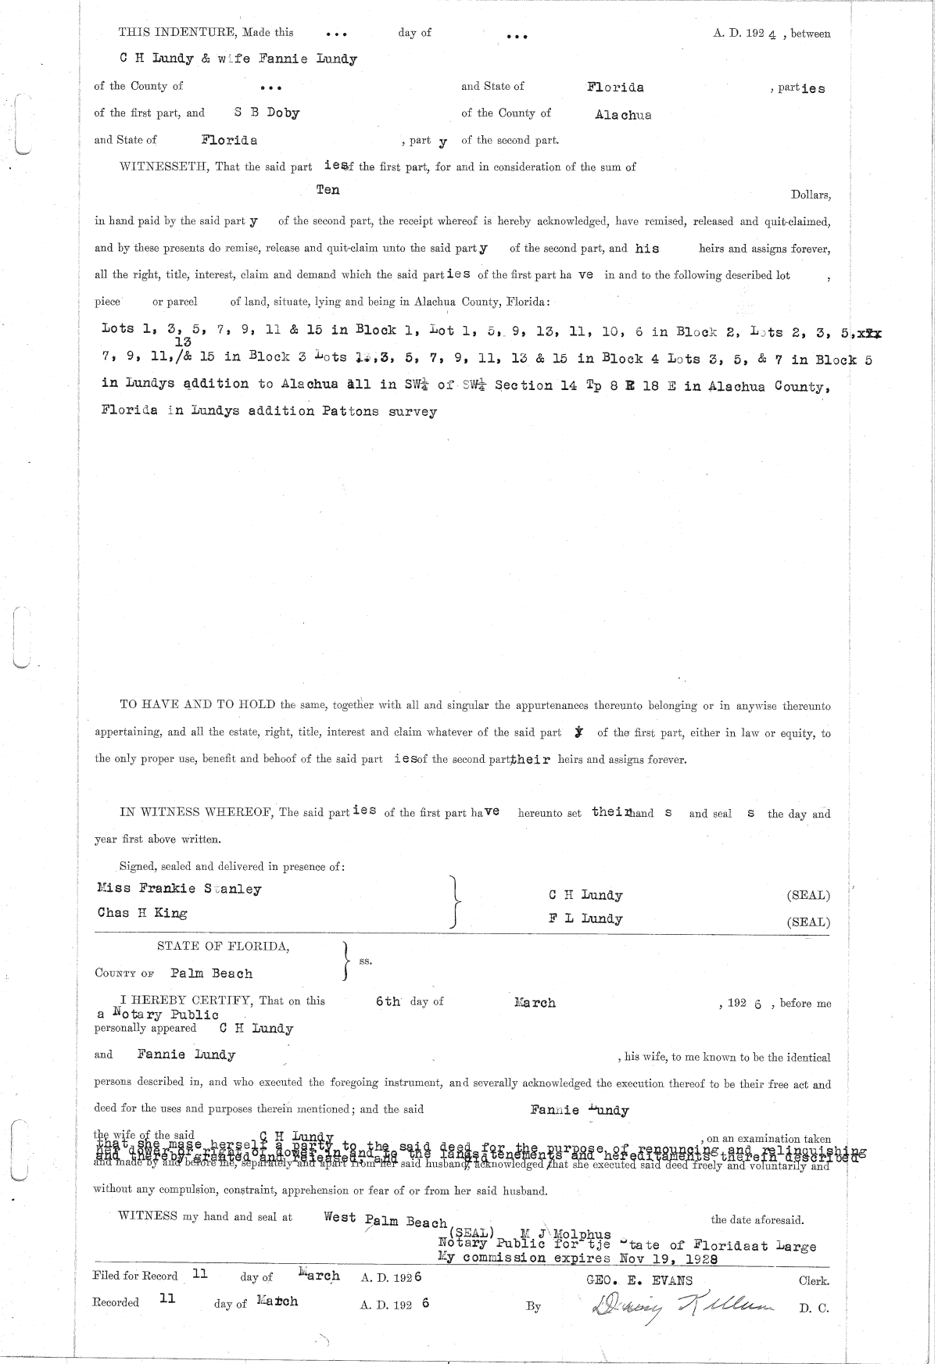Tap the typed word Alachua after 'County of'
click(623, 115)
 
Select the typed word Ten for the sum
click(328, 190)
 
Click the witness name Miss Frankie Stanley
click(179, 889)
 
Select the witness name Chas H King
click(142, 912)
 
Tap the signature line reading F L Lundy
click(585, 918)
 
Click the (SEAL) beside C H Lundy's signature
click(808, 896)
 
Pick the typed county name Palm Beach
click(212, 973)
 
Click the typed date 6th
click(388, 1001)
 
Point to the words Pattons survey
click(379, 411)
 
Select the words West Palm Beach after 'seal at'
click(385, 1219)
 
